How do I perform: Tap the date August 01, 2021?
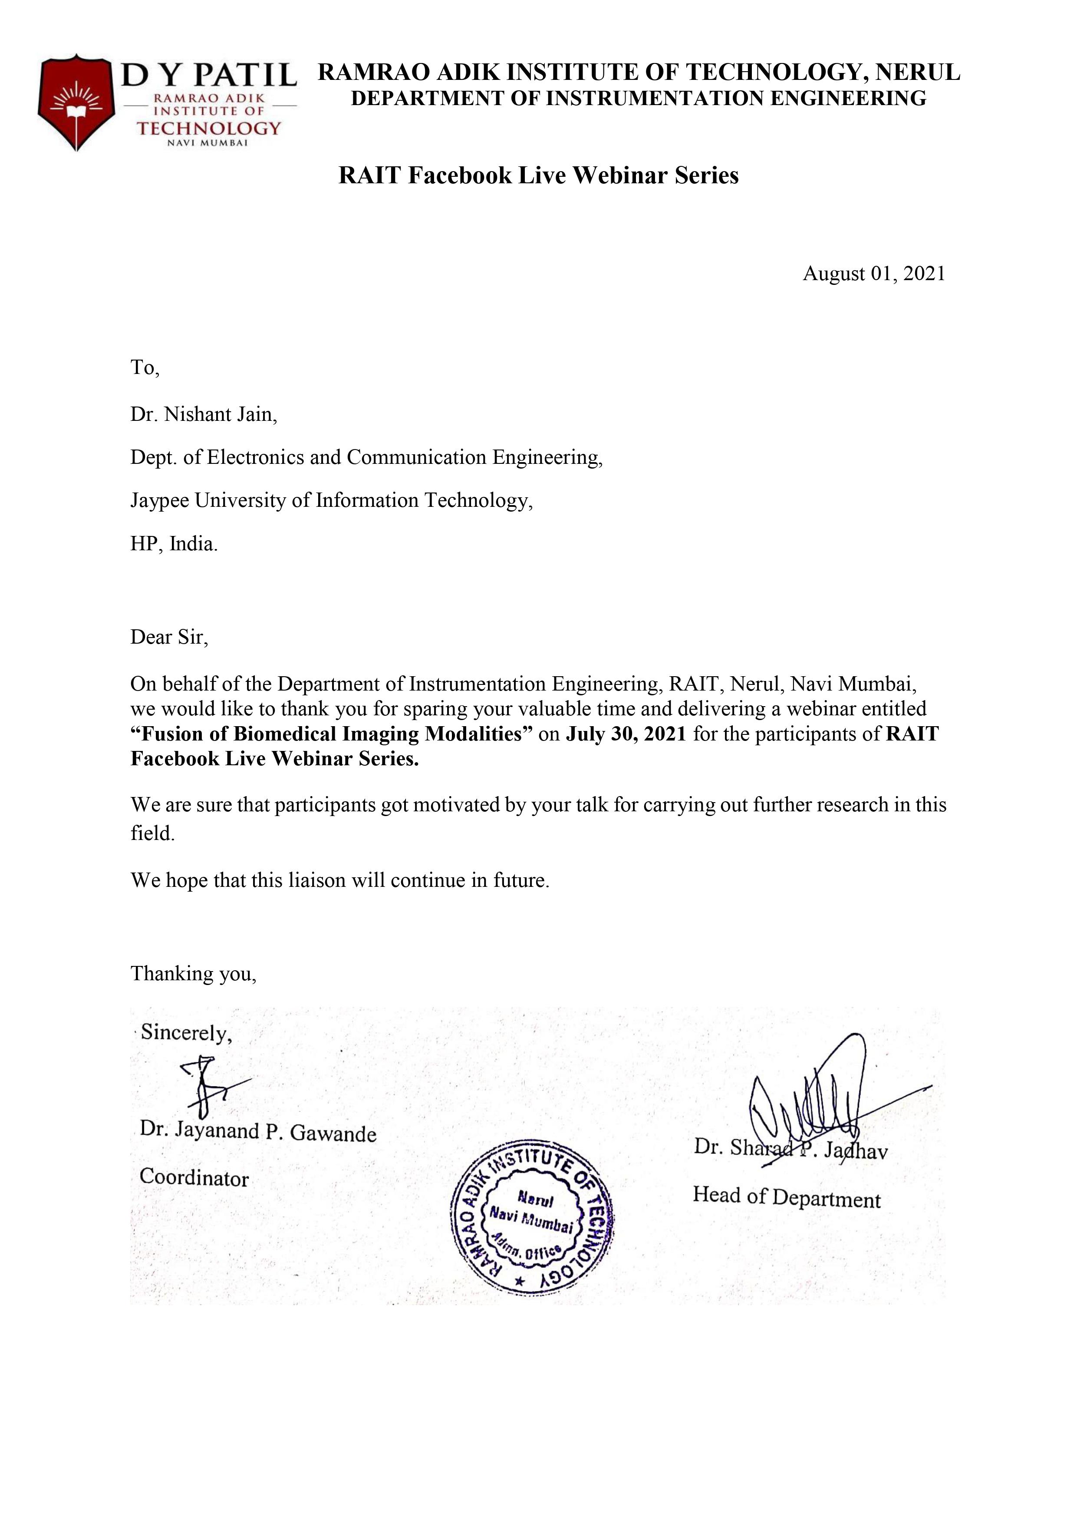click(873, 274)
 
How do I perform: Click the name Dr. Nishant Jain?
click(203, 415)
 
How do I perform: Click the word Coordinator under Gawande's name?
click(194, 1178)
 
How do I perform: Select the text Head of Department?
click(786, 1197)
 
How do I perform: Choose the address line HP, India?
click(174, 544)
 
